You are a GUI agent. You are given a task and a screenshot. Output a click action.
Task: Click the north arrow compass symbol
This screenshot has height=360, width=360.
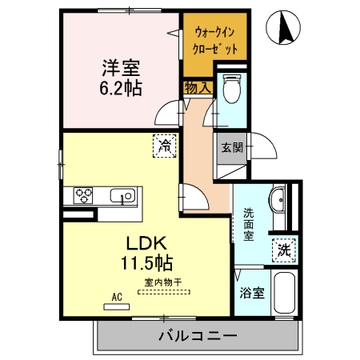(x=284, y=30)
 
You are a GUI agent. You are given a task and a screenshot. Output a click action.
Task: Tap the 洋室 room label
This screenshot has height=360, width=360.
(x=120, y=66)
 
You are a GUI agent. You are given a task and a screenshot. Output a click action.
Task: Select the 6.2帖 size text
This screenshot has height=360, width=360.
(x=121, y=87)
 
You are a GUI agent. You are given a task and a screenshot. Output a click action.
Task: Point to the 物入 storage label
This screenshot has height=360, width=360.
(x=197, y=87)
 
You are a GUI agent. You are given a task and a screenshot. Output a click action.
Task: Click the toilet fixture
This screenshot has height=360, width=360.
(x=232, y=90)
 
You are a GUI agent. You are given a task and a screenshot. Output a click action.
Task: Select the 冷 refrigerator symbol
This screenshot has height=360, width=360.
(x=165, y=146)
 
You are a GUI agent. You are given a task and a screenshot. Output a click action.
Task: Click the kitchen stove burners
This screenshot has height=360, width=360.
(x=85, y=195)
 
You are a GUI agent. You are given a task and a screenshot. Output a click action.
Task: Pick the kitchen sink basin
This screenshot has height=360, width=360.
(x=124, y=195)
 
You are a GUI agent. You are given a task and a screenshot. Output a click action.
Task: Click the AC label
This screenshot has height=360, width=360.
(x=117, y=297)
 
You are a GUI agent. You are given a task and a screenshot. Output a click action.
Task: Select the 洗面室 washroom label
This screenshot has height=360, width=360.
(x=249, y=224)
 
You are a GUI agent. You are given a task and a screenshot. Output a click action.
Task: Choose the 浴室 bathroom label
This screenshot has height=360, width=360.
(x=252, y=293)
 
